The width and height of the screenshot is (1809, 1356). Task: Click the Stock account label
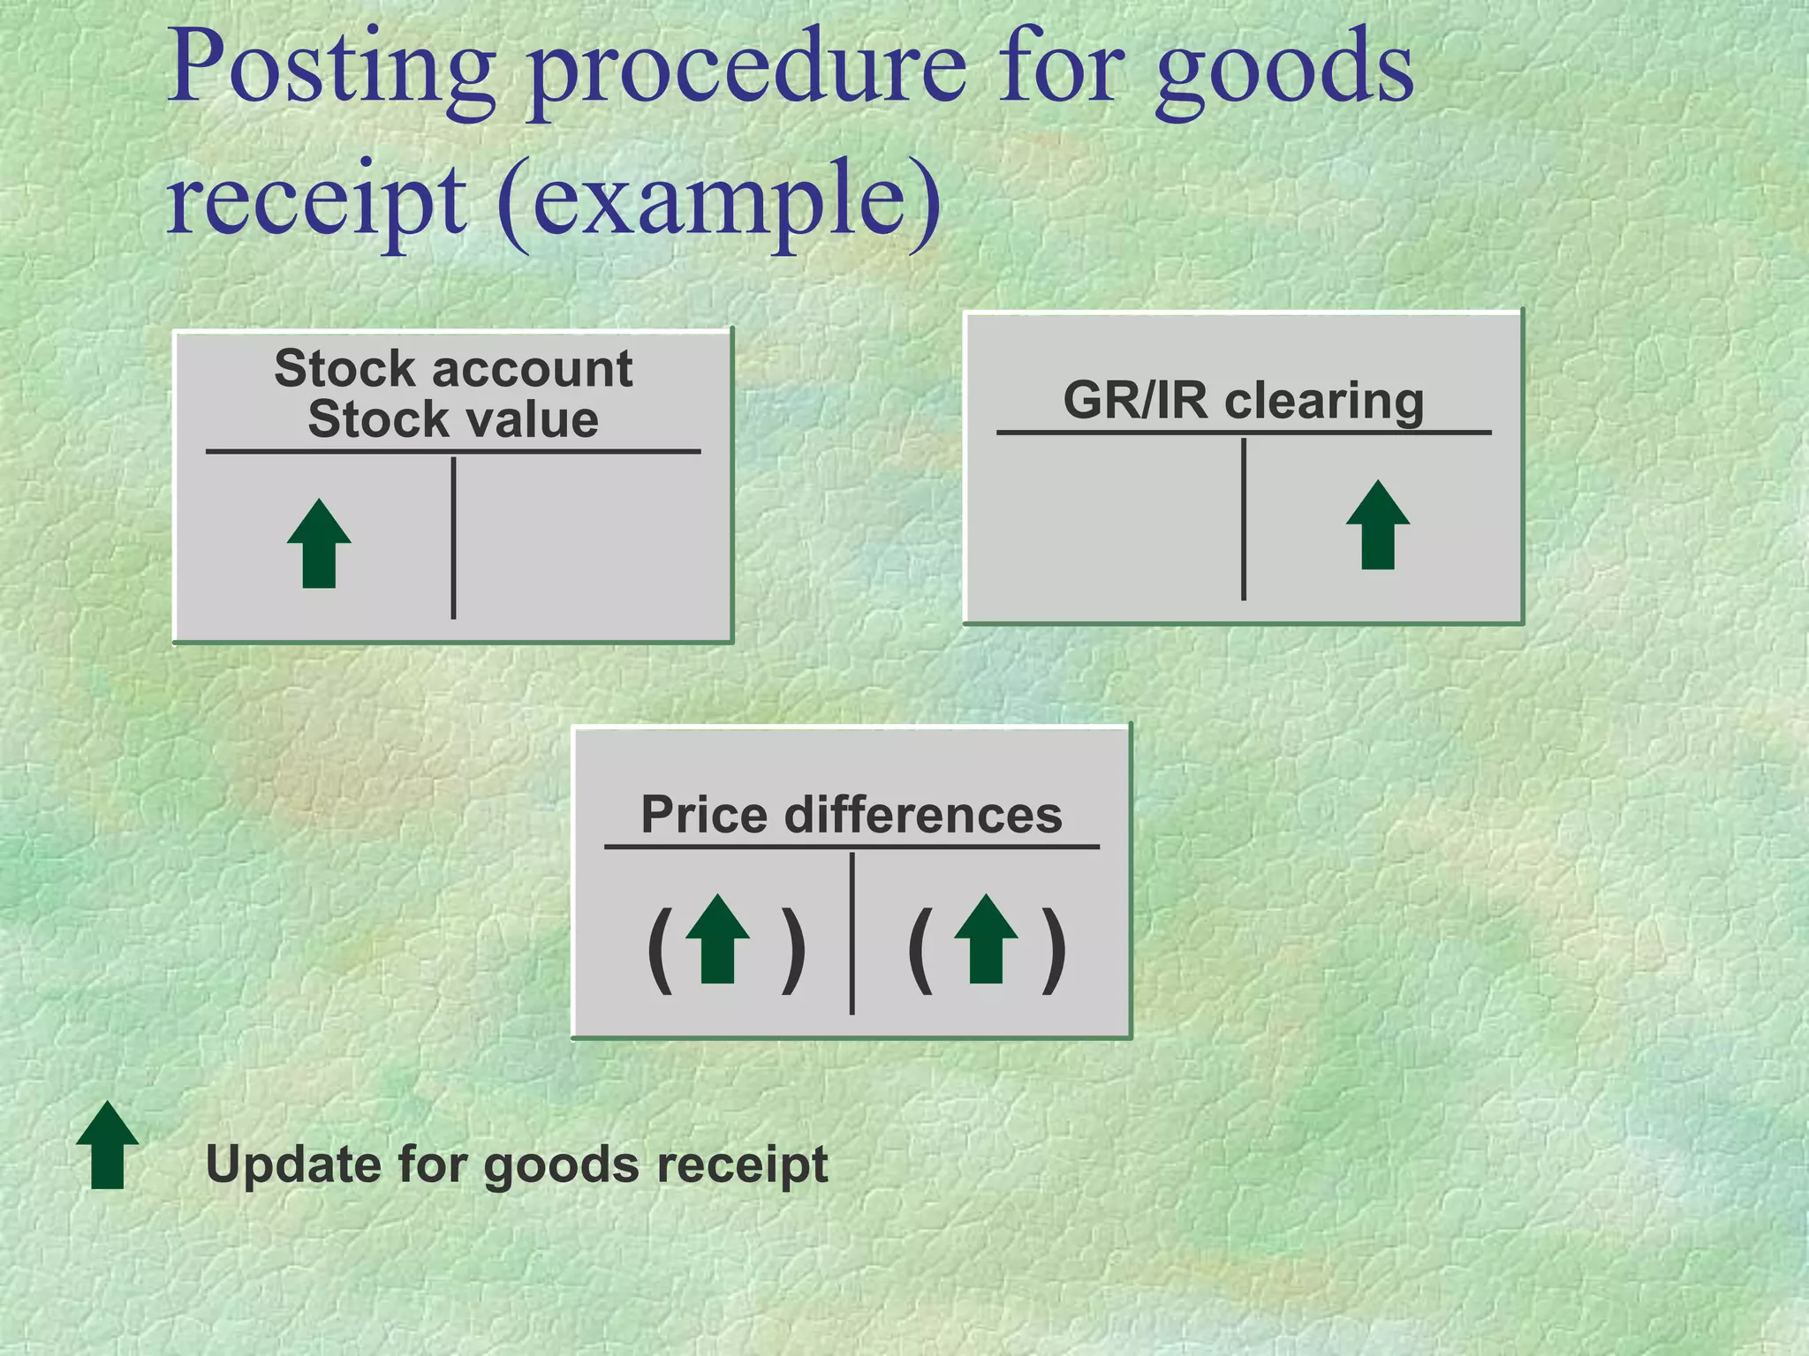[x=453, y=368]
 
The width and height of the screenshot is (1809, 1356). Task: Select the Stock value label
[x=453, y=419]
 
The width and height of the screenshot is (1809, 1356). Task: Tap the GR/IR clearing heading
[x=1243, y=401]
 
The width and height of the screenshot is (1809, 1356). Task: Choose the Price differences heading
[x=852, y=814]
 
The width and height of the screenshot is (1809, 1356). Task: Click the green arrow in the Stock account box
[x=319, y=544]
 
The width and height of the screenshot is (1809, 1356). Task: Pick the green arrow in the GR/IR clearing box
[x=1377, y=525]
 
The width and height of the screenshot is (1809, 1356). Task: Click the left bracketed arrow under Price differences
[x=717, y=940]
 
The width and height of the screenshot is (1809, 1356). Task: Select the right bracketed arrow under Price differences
[x=986, y=940]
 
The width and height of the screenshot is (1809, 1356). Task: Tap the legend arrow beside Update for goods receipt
[x=107, y=1145]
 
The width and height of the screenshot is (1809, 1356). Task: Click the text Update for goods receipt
[x=517, y=1164]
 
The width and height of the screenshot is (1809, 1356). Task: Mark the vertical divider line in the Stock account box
[x=453, y=539]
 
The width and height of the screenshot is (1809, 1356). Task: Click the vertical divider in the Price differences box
[x=852, y=933]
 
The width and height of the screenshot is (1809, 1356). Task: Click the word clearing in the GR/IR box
[x=1324, y=402]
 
